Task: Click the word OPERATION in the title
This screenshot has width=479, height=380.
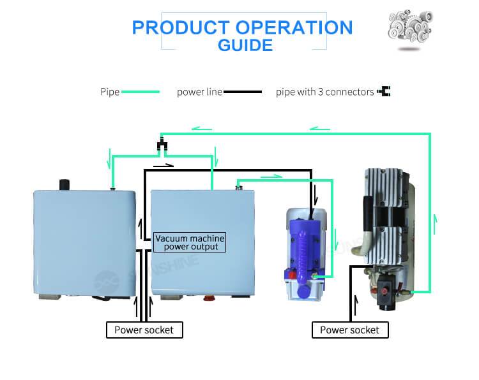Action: click(294, 27)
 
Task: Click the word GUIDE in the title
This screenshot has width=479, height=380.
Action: click(245, 45)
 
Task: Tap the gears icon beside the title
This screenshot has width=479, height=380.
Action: click(411, 29)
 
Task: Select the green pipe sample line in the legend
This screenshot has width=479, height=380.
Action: click(140, 92)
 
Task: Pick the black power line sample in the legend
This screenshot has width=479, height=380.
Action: click(242, 92)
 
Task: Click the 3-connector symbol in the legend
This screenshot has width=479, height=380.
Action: click(384, 92)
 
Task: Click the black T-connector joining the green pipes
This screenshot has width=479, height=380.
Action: click(162, 146)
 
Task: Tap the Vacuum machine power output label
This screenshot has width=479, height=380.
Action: click(190, 242)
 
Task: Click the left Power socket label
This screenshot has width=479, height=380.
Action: click(144, 330)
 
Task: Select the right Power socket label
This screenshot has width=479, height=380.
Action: click(349, 330)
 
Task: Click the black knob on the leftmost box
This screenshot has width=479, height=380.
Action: click(65, 184)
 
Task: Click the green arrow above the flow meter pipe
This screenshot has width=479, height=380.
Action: click(271, 176)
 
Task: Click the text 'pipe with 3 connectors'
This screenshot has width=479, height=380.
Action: click(324, 92)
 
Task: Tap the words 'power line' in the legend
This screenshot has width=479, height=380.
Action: click(199, 92)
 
